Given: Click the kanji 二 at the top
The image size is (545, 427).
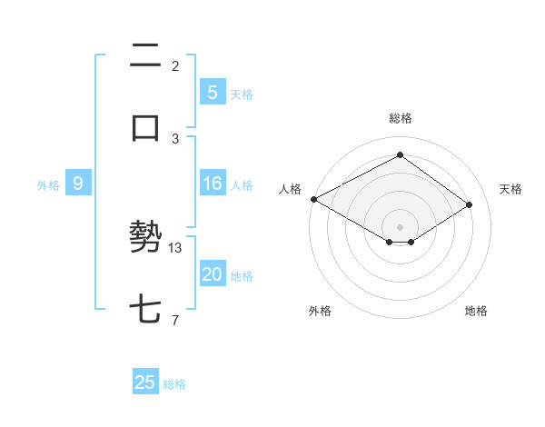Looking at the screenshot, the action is [x=145, y=56].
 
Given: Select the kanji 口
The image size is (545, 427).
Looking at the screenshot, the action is [x=145, y=128].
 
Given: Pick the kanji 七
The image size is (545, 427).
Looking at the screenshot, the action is [x=145, y=310].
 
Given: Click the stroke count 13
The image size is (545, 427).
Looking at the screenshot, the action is [x=176, y=247].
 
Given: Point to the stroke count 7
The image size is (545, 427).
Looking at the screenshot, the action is [x=175, y=320].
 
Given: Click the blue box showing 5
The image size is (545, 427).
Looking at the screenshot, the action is [x=212, y=93].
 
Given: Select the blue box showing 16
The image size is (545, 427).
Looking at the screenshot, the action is [x=212, y=184].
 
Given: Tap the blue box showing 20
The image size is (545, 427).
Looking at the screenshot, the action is [x=212, y=274].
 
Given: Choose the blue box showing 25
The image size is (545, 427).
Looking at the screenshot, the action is [x=145, y=382].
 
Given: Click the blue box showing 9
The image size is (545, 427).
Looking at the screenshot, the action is [x=78, y=184].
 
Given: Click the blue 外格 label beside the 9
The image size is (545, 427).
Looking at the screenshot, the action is [x=48, y=184].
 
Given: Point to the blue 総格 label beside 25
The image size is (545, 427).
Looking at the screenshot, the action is [x=174, y=384].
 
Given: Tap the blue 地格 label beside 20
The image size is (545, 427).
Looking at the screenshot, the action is [x=242, y=275].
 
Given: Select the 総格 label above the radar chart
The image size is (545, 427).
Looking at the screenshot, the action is [x=400, y=118].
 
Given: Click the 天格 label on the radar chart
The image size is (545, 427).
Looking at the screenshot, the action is [x=510, y=189].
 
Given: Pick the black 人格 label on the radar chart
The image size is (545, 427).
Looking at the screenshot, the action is [x=290, y=189].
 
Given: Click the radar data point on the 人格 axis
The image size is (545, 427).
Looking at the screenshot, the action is [x=313, y=199].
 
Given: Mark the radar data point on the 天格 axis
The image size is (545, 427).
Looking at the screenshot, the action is [x=470, y=205].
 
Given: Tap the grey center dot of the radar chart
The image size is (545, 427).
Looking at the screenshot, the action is [x=400, y=227].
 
